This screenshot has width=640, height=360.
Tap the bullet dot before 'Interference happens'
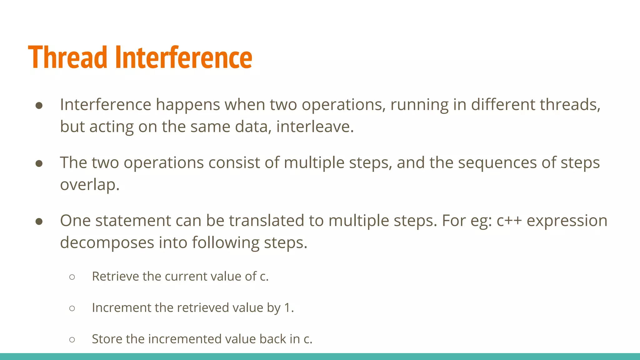[39, 106]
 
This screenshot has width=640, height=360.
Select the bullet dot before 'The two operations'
[39, 163]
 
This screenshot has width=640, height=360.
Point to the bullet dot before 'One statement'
[39, 222]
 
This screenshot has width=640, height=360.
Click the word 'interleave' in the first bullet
[314, 127]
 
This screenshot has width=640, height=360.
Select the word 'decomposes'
[107, 242]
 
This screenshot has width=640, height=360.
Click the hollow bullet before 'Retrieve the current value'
[72, 277]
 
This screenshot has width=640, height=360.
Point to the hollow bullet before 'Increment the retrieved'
[72, 308]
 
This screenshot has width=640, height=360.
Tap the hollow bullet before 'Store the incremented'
[72, 339]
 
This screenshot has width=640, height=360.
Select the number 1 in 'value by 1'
[287, 308]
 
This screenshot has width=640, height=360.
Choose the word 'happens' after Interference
[188, 105]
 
